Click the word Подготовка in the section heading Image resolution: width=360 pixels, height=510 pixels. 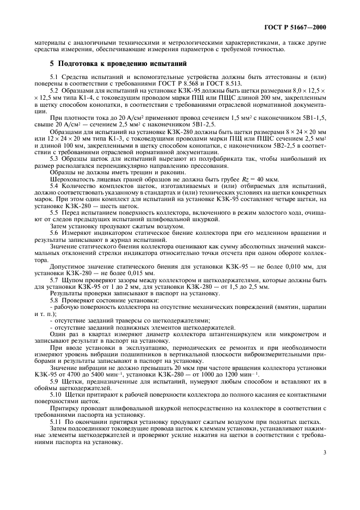click(x=82, y=64)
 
